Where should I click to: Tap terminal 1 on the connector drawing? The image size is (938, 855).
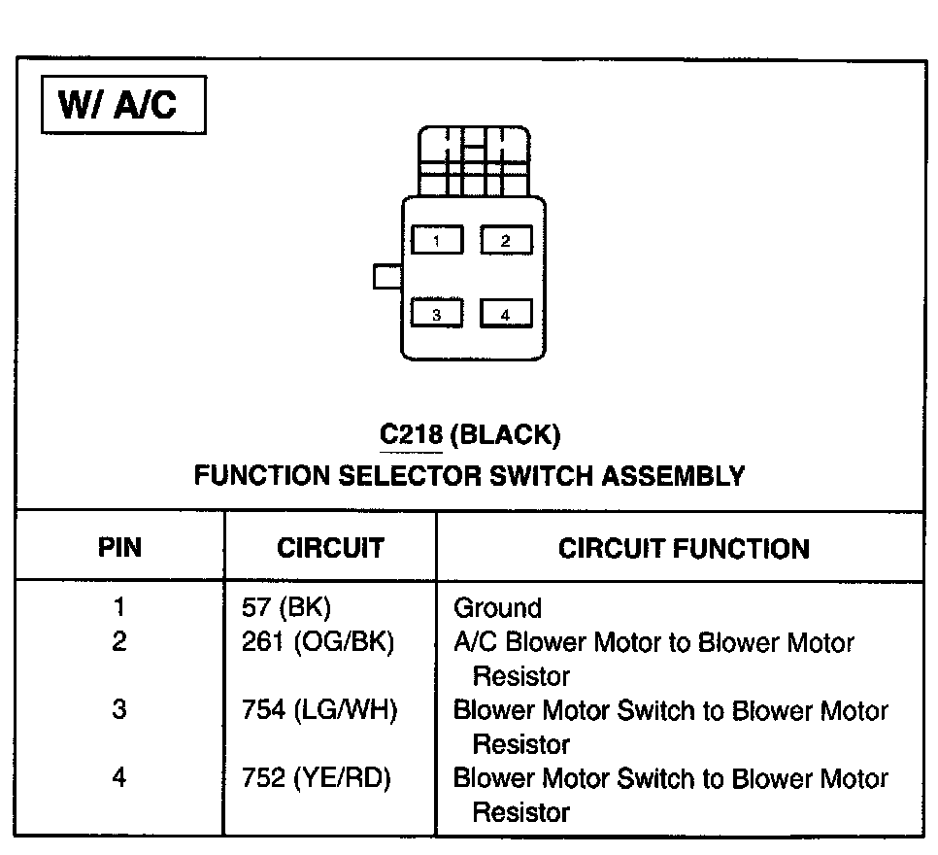point(437,240)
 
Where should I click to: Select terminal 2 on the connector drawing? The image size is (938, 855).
point(505,240)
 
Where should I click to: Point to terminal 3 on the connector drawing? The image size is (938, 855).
point(437,314)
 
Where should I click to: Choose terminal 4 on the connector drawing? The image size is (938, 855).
point(505,314)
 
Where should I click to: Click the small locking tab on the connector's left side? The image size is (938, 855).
point(387,276)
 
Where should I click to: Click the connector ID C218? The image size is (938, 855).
point(411,435)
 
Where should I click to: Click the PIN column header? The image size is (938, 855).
point(119,548)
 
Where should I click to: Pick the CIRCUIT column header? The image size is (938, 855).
point(330,548)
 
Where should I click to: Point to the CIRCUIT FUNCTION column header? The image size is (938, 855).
point(683,548)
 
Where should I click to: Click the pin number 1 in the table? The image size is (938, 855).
point(119,608)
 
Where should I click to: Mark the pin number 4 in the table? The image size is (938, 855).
point(119,778)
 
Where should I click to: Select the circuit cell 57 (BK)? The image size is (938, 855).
point(285,608)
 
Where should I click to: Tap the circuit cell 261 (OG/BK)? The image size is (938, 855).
point(318,642)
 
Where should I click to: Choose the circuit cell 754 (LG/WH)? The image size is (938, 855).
point(319,710)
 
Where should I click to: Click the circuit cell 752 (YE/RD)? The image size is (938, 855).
point(317,778)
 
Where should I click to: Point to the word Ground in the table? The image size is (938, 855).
point(497,609)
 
